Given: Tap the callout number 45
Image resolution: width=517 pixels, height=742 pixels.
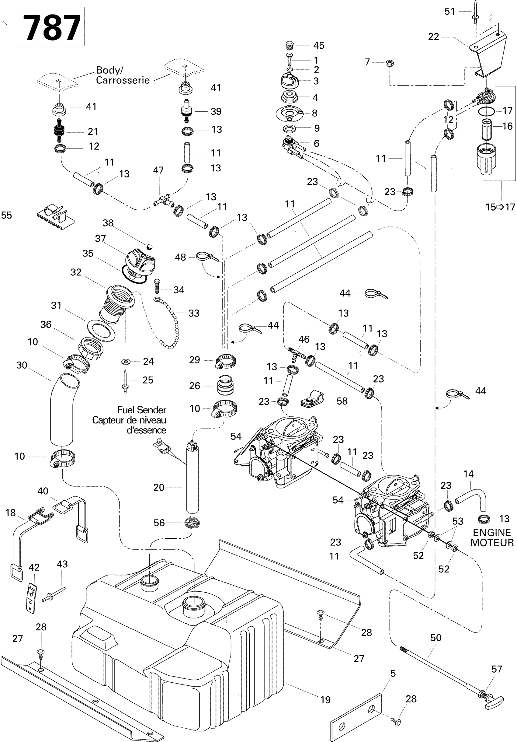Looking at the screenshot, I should point(318,46).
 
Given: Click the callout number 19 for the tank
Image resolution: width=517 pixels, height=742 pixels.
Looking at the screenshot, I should point(325,700).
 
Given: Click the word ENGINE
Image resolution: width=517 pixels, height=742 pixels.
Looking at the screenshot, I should point(491,532).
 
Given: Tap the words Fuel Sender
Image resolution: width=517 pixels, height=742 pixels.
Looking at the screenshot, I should point(142,410).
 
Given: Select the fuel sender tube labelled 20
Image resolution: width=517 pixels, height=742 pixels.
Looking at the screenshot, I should point(193,478).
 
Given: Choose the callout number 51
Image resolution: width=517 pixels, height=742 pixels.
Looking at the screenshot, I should point(449,12).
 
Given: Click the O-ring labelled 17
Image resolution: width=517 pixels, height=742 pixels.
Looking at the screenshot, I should point(486,111).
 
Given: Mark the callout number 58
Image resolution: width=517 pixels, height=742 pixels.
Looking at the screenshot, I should point(342,401).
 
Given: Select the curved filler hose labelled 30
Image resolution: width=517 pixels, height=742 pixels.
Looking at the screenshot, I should point(62,410).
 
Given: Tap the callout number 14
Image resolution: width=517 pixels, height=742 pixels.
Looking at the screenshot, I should point(468,474).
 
